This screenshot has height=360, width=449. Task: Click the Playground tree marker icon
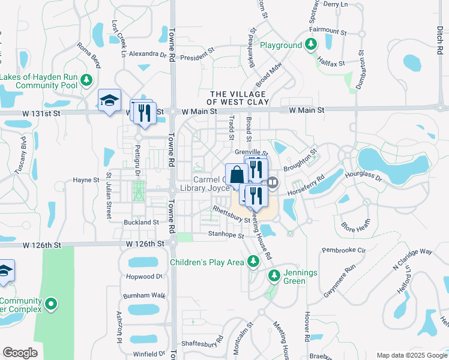click(311, 45)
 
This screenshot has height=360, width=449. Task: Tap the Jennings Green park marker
click(274, 275)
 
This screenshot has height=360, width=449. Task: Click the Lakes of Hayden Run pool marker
click(86, 80)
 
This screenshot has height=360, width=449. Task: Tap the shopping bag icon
click(237, 174)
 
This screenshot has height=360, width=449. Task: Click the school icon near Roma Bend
click(110, 100)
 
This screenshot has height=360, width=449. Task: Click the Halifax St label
click(331, 62)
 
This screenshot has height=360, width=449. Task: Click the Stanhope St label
click(226, 235)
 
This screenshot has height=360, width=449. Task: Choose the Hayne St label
click(86, 179)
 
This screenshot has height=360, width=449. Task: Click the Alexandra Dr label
click(147, 53)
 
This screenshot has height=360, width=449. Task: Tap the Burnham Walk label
click(143, 296)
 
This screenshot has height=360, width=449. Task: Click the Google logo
click(20, 353)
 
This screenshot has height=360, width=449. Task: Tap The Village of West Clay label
click(238, 98)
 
